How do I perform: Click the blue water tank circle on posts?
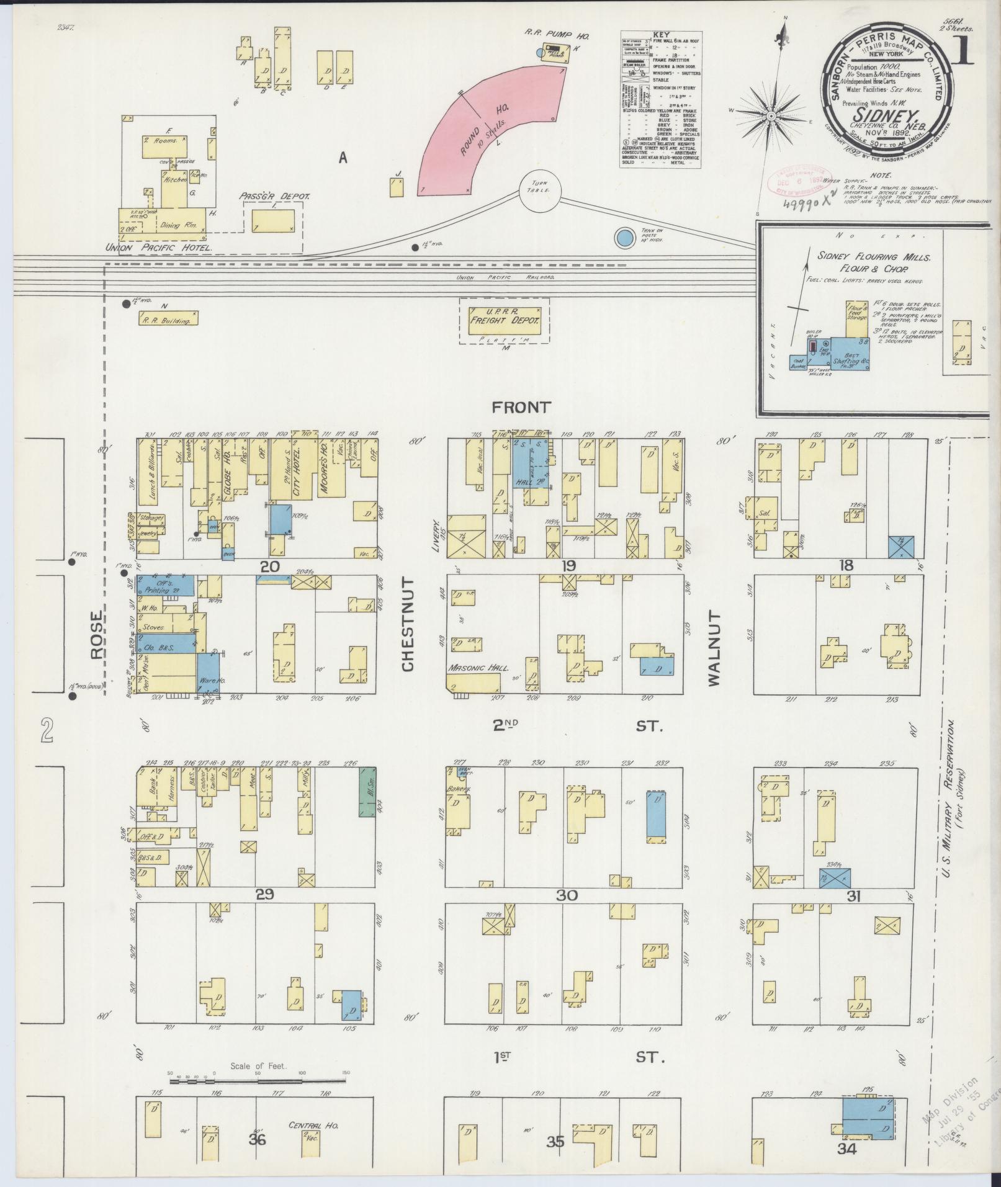(x=624, y=237)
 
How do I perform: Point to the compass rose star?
(x=773, y=116)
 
